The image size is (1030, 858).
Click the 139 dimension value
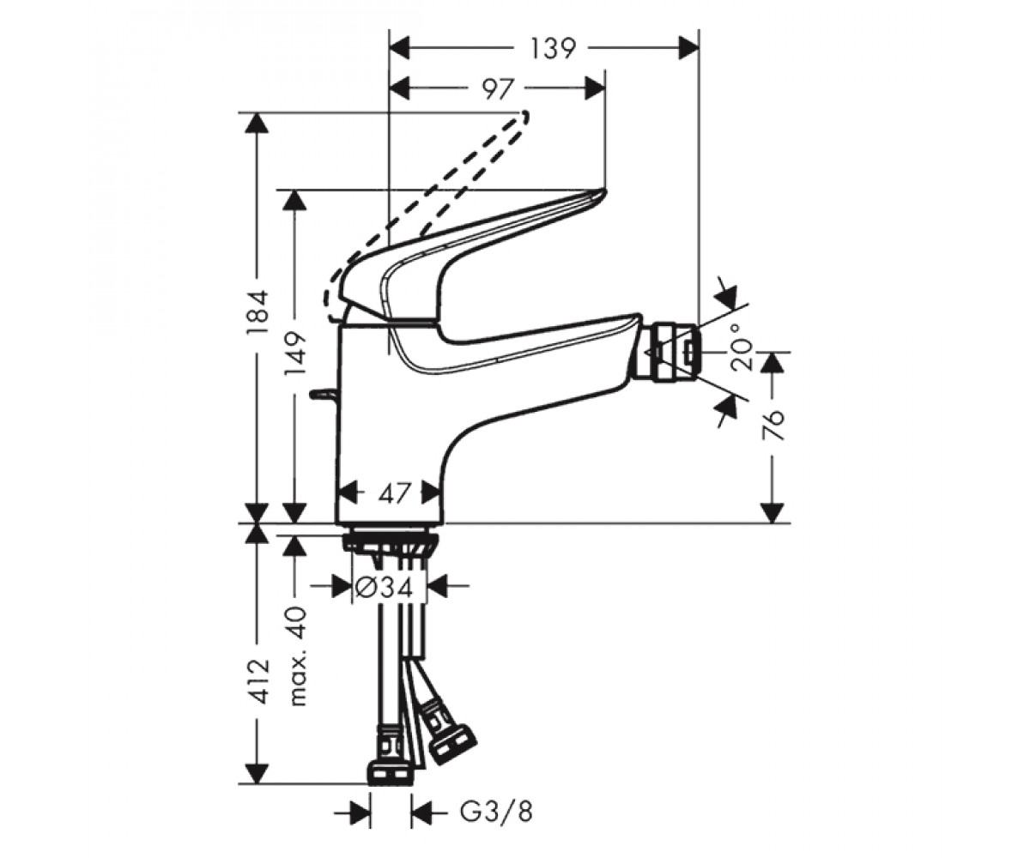553,48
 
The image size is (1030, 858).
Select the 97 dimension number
498,89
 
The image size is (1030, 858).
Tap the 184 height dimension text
258,312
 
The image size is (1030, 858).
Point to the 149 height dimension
295,353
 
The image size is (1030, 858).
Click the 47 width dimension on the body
395,492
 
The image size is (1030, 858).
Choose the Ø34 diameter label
384,586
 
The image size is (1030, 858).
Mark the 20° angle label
742,347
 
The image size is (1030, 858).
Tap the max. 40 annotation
298,656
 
